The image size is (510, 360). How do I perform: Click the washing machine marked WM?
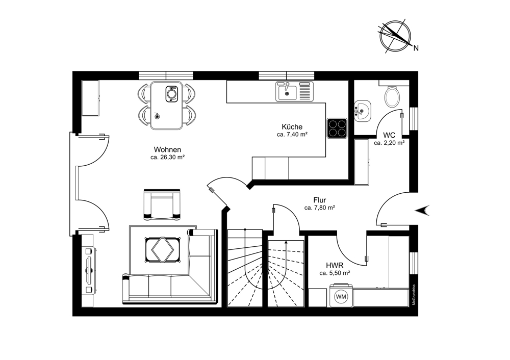tap(341, 296)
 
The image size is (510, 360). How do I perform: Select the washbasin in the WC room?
tap(362, 111)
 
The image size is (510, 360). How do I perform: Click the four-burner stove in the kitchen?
tap(337, 128)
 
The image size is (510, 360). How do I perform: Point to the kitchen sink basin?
tap(287, 93)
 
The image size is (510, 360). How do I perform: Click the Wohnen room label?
tap(167, 149)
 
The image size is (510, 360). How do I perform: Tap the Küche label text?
tap(292, 127)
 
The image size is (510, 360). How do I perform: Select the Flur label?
tap(320, 200)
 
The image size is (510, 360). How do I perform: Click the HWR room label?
tap(335, 265)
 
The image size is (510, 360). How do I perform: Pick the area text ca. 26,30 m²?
tap(167, 158)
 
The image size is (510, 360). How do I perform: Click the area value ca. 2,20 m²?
tap(389, 142)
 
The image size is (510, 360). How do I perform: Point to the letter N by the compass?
tap(416, 48)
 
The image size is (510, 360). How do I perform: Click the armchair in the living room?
tap(162, 204)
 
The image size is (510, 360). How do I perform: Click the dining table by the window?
tap(167, 105)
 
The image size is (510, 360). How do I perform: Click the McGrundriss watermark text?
tap(414, 295)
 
